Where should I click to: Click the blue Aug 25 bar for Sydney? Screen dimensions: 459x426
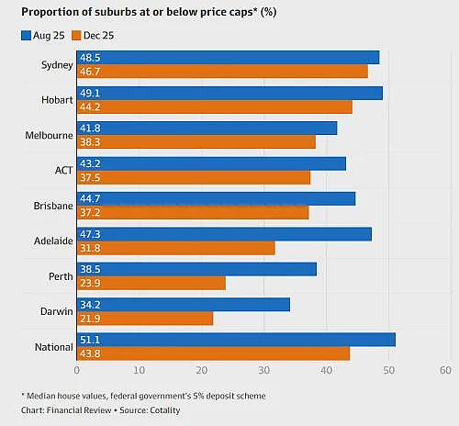tap(228, 58)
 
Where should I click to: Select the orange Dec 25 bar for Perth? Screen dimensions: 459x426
tap(151, 283)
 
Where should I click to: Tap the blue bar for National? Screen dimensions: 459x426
tap(236, 340)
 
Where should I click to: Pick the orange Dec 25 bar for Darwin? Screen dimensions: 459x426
tap(145, 319)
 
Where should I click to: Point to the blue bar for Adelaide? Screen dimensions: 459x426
tap(224, 234)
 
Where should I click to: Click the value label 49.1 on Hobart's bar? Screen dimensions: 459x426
tap(90, 93)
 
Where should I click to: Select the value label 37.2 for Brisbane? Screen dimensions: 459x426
tap(90, 213)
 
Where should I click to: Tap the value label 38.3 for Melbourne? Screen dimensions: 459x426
tap(90, 142)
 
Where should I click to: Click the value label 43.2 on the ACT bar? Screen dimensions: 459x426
tap(90, 163)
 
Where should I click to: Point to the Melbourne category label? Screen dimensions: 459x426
tap(49, 135)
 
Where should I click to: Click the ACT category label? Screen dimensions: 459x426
tap(63, 171)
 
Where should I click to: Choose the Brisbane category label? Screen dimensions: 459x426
tap(53, 206)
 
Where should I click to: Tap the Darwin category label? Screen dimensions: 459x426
tap(57, 311)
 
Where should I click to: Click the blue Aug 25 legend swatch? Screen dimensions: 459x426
tap(26, 36)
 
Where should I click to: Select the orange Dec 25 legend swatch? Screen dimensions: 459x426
tap(76, 36)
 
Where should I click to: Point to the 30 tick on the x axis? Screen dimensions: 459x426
tap(263, 370)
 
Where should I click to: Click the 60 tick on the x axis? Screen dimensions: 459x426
tap(445, 370)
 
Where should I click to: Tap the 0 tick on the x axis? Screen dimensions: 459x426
tap(77, 370)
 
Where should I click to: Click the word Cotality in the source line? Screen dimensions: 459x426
tap(165, 410)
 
